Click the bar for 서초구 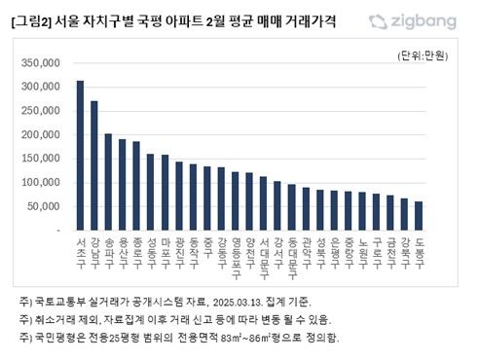click(80, 156)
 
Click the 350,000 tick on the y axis click(40, 63)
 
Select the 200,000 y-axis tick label click(40, 135)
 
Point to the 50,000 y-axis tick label click(43, 206)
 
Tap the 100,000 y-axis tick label click(40, 183)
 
